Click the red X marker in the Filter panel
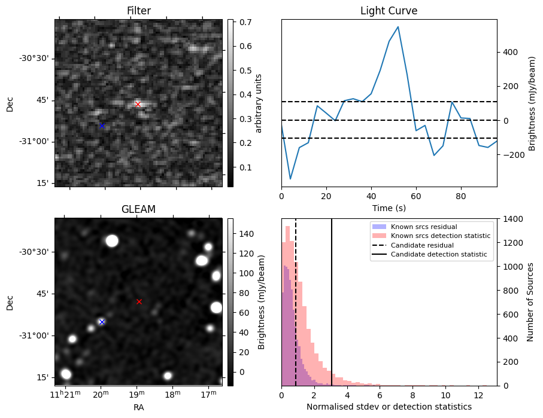point(138,104)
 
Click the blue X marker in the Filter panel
point(102,126)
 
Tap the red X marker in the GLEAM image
point(139,302)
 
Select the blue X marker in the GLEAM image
point(102,322)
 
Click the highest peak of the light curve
point(398,27)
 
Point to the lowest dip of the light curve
point(290,179)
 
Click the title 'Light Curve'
point(389,11)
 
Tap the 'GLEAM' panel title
point(138,209)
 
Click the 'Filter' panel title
point(138,11)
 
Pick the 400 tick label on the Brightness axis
point(509,52)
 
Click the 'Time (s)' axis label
point(389,208)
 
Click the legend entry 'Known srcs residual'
point(424,227)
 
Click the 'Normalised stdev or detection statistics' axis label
point(389,407)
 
